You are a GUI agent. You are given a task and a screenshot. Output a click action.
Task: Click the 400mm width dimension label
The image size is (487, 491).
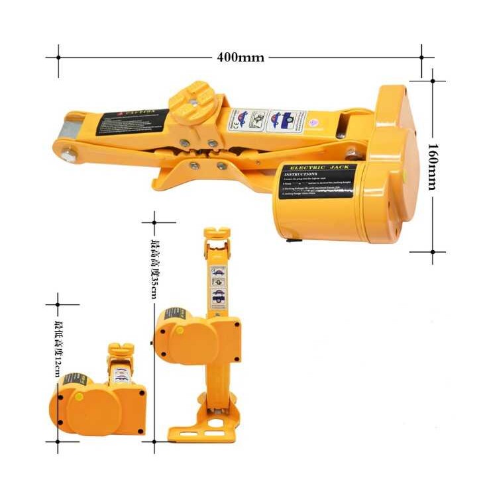coord(240,57)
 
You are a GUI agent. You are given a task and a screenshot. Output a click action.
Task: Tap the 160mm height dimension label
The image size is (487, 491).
coord(431,166)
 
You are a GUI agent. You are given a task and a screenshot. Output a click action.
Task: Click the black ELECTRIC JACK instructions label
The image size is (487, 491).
coord(317,181)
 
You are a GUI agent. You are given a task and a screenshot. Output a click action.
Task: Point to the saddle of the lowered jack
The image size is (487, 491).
coord(121,349)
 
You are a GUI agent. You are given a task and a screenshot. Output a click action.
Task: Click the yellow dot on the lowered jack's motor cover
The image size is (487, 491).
coord(79,397)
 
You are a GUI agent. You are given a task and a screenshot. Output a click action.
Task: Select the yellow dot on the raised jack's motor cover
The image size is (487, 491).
coord(179,330)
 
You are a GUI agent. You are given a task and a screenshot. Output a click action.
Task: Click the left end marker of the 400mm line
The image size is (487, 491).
coord(58,57)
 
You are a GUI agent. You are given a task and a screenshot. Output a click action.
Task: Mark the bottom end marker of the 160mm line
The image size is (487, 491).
coord(433,251)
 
